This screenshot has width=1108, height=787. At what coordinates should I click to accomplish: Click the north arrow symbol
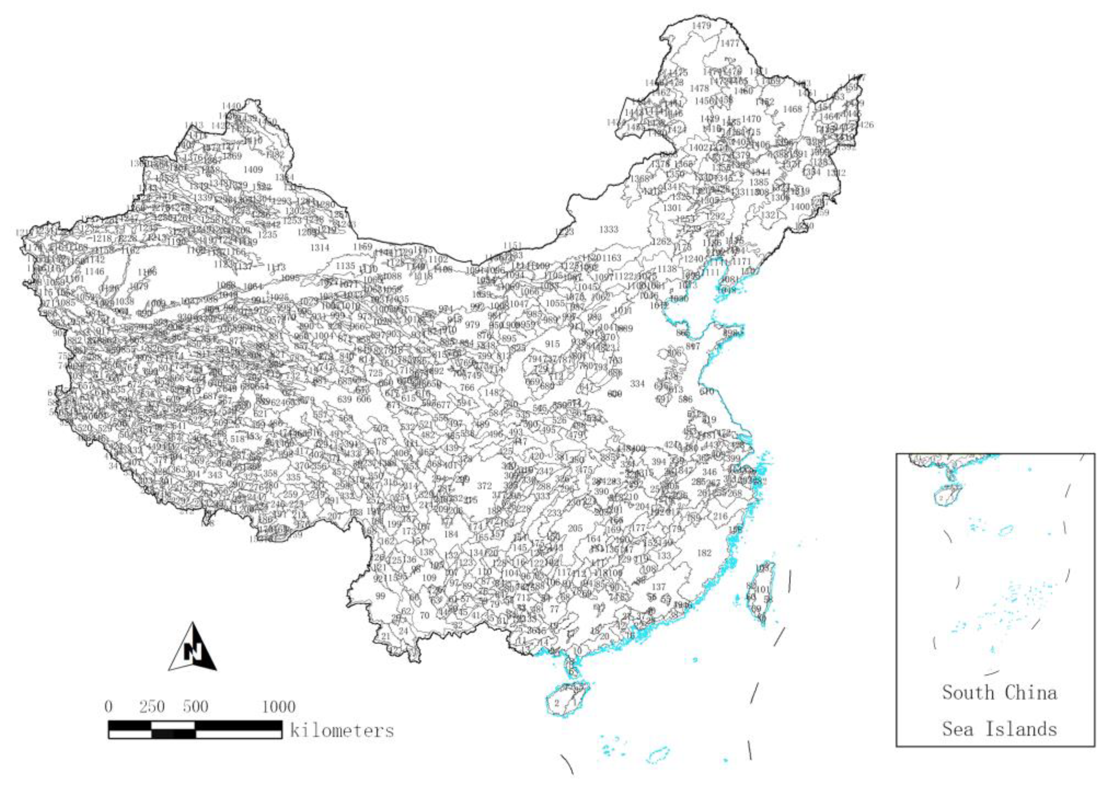pos(193,647)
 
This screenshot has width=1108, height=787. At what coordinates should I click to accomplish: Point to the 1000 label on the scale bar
pos(278,706)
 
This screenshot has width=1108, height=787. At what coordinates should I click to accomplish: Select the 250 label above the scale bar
pos(152,706)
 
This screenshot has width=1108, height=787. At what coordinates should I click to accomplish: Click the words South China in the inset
pos(999,693)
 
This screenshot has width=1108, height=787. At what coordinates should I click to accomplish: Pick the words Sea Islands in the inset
pos(999,729)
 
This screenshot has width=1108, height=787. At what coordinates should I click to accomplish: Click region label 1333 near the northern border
pos(609,229)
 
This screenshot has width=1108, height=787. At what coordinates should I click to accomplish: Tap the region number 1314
pos(319,248)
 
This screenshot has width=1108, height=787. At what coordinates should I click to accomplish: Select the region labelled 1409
pos(253,170)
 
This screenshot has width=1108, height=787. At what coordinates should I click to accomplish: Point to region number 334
pos(637,384)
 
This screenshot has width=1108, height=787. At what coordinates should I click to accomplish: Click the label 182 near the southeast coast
pos(704,553)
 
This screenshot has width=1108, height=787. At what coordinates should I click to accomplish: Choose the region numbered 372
pos(484,486)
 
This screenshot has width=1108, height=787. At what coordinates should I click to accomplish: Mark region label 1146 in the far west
pos(94,271)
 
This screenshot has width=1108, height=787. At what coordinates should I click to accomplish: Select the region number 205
pos(575,528)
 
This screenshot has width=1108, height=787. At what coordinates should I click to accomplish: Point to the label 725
pos(375,373)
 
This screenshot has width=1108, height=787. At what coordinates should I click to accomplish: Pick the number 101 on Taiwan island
pos(763,589)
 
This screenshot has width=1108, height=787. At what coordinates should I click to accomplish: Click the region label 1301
pos(671,208)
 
